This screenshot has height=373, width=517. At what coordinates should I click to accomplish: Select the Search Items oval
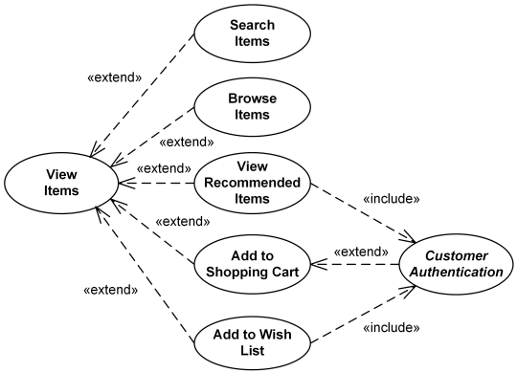252,33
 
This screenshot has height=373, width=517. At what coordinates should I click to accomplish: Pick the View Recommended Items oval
253,183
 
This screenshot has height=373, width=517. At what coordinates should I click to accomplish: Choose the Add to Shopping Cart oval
253,263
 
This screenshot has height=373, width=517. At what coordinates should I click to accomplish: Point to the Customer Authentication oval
457,264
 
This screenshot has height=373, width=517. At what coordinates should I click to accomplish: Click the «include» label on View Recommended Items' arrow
392,200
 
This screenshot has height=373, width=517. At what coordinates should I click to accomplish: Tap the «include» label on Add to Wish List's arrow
392,327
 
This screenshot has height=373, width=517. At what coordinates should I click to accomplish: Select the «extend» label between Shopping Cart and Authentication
360,252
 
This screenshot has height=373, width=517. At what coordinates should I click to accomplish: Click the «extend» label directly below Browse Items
186,143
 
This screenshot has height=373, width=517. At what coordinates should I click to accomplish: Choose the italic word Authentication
457,273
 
